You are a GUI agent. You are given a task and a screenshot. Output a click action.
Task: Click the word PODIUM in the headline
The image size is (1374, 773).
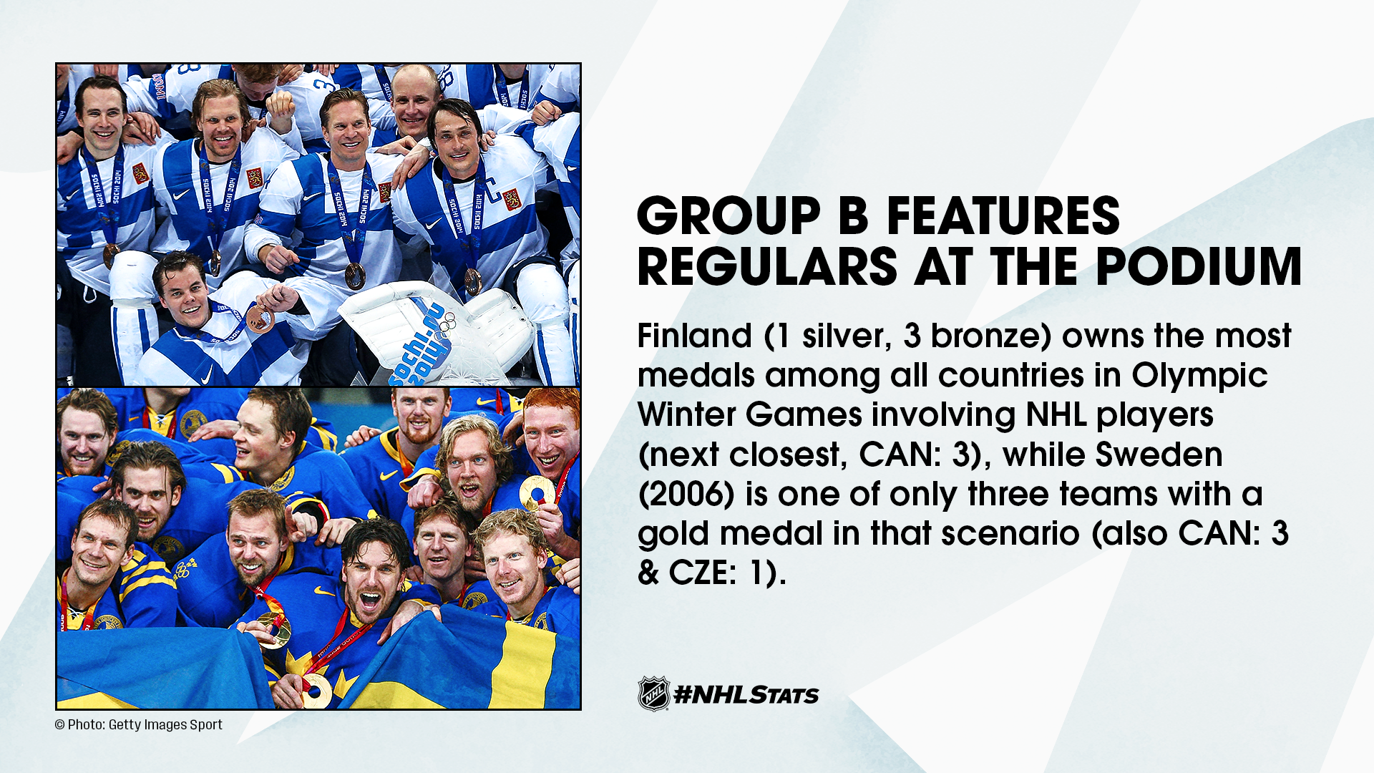[1198, 267]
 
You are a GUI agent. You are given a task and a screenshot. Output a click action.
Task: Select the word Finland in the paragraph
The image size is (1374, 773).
[694, 336]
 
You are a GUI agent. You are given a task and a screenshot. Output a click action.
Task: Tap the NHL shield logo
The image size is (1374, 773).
[653, 694]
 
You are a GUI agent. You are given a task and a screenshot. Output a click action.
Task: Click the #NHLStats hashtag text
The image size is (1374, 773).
[746, 695]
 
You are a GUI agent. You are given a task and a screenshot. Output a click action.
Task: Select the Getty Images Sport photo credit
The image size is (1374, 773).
[139, 725]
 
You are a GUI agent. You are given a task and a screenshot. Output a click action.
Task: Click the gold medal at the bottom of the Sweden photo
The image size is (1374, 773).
[315, 690]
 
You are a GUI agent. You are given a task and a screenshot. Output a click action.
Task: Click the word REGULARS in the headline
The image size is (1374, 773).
[767, 267]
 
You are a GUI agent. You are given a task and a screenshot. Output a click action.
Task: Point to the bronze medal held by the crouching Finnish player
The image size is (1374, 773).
[260, 319]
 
